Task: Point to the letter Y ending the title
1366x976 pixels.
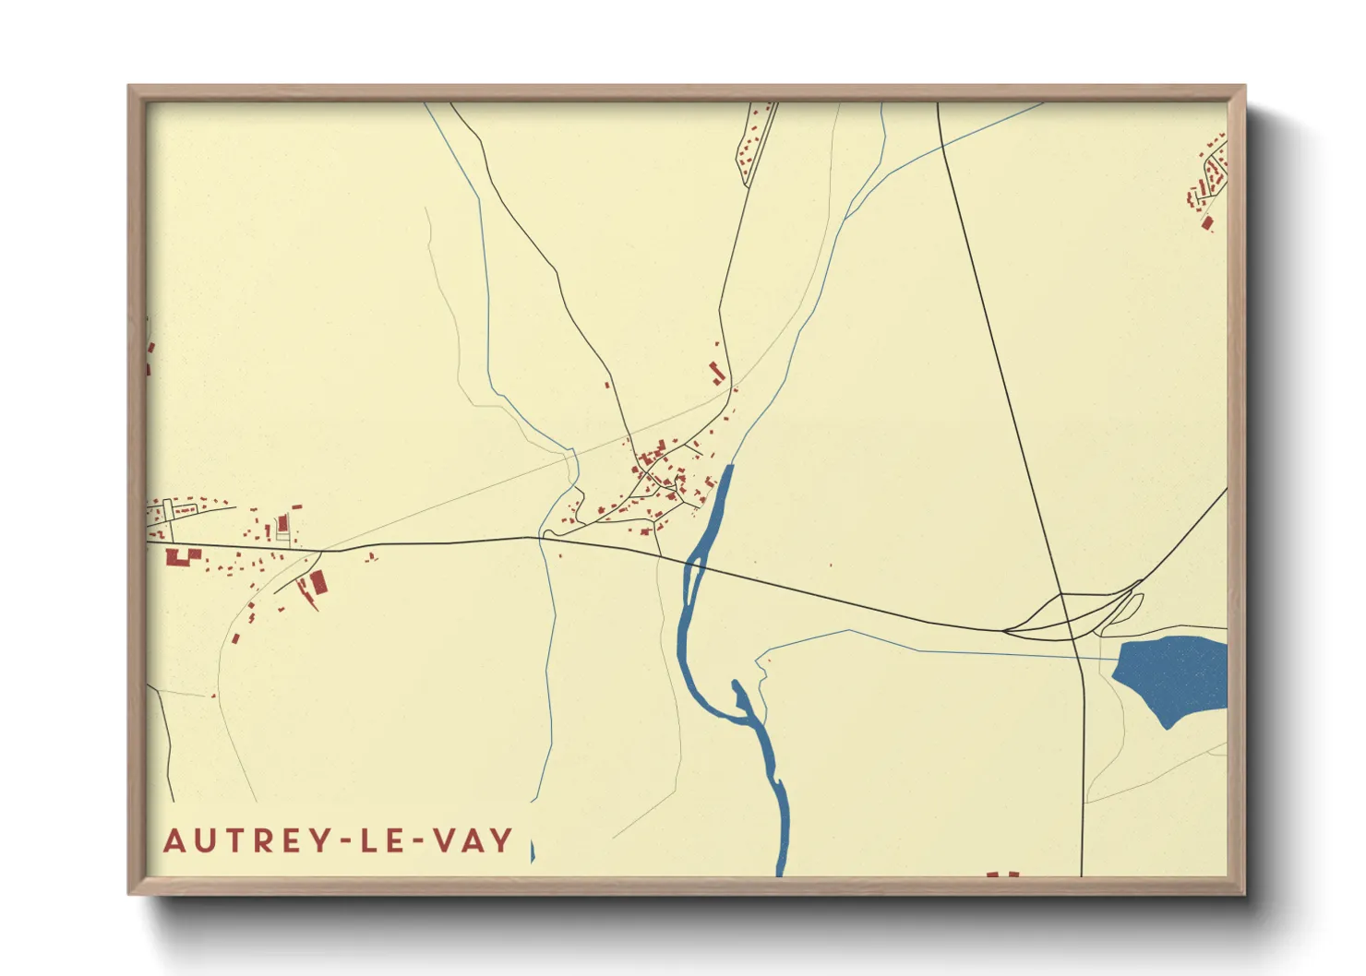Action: click(x=501, y=840)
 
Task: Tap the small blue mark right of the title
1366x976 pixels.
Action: click(x=533, y=851)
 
